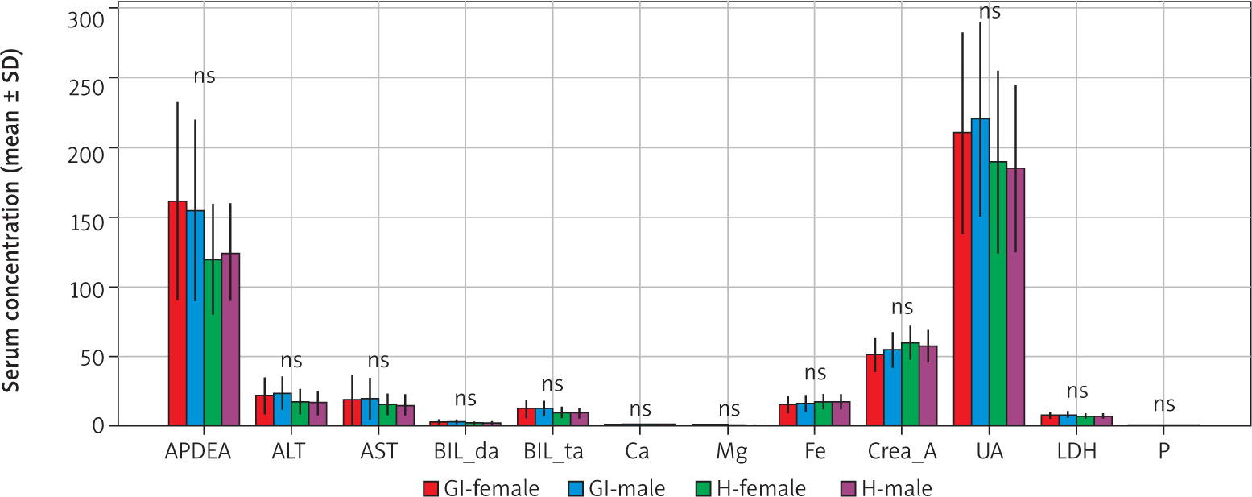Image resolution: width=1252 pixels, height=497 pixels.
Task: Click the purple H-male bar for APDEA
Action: coord(230,339)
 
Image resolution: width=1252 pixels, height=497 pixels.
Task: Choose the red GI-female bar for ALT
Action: coord(264,410)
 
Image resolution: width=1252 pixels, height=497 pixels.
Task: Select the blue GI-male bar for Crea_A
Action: coord(892,387)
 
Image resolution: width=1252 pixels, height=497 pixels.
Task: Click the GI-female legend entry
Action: coord(481,487)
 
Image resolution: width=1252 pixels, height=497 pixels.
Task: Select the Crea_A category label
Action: coord(902,452)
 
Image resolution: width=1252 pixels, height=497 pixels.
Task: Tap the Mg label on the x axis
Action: coord(729,452)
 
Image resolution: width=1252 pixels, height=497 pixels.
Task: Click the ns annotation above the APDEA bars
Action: coord(205,77)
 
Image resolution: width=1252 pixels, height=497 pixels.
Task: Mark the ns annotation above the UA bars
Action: coord(990,12)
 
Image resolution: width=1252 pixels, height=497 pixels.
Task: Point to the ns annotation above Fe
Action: coord(815,373)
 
